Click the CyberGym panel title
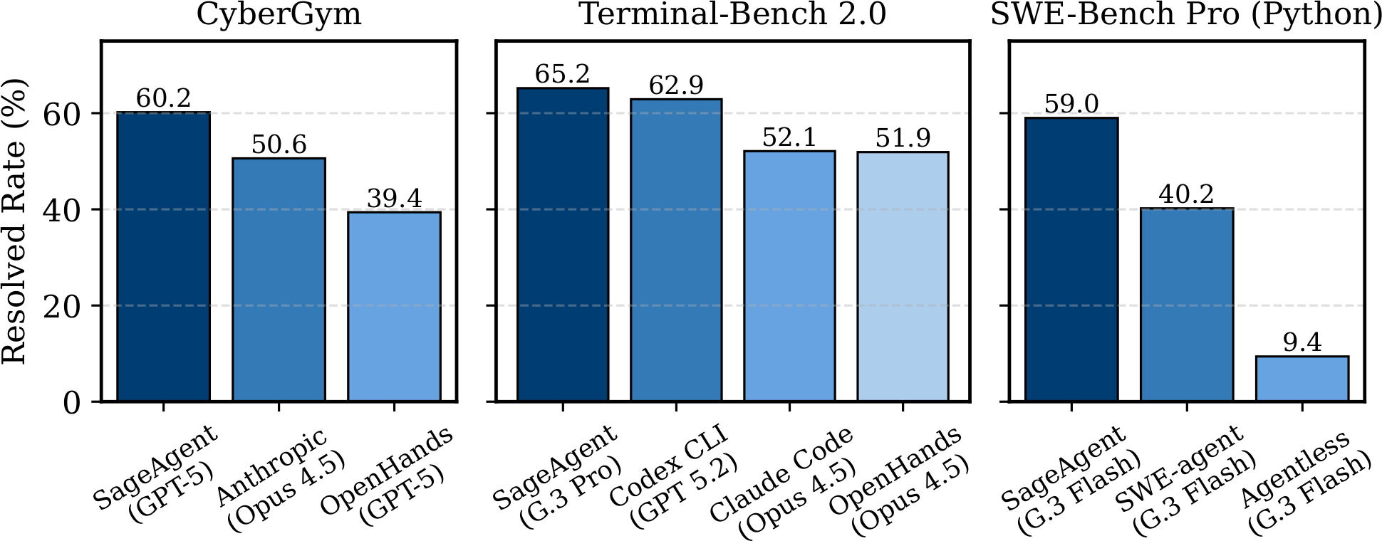[279, 14]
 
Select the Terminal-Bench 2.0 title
[733, 14]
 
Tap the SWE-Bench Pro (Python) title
[1186, 14]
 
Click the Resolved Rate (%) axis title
[14, 221]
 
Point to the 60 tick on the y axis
[62, 114]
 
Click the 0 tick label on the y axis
[71, 403]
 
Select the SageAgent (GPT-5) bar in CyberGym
[164, 256]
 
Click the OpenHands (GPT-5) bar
[394, 306]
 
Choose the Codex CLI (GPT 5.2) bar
[676, 249]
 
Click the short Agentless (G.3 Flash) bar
[1302, 379]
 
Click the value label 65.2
[563, 74]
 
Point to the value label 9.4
[1302, 343]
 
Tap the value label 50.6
[279, 145]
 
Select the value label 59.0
[1071, 104]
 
